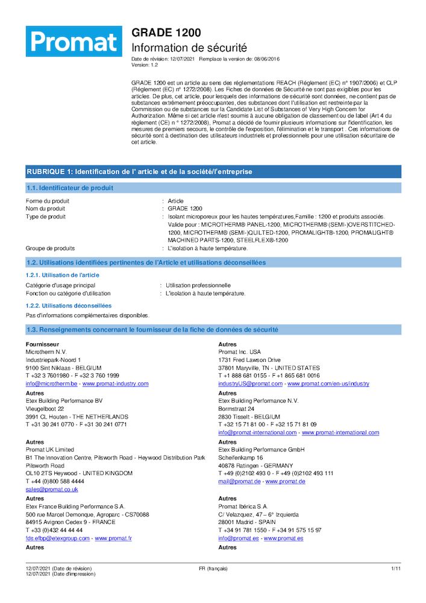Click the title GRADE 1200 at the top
(x=166, y=33)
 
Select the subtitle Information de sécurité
(x=189, y=48)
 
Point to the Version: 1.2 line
(x=145, y=65)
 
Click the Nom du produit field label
(x=45, y=209)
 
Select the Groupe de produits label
(x=50, y=248)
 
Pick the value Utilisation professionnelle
(x=198, y=285)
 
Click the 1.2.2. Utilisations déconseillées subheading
(x=69, y=306)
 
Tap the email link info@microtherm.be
(x=51, y=384)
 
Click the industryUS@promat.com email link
(x=250, y=384)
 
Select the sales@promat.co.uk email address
(x=52, y=490)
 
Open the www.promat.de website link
(x=285, y=482)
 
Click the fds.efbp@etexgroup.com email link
(x=58, y=538)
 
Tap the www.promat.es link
(x=284, y=538)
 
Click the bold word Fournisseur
(x=42, y=344)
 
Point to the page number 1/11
(x=396, y=569)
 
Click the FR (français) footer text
(x=213, y=569)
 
